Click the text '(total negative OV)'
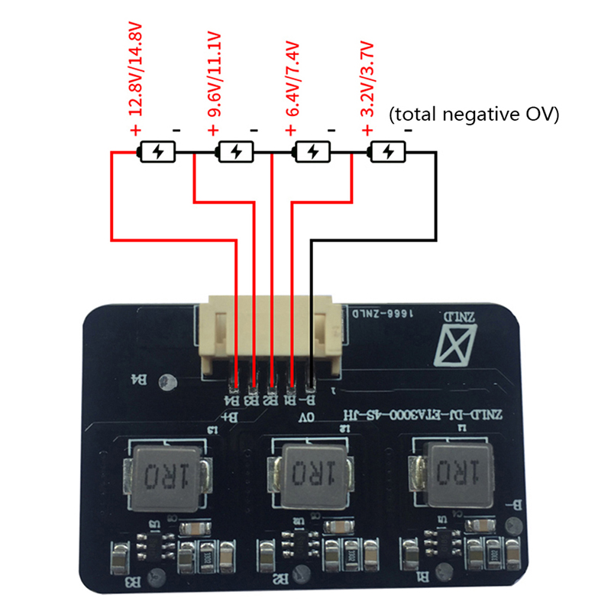[474, 115]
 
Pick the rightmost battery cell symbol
[387, 152]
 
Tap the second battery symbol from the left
[235, 152]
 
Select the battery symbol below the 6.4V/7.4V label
[312, 152]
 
